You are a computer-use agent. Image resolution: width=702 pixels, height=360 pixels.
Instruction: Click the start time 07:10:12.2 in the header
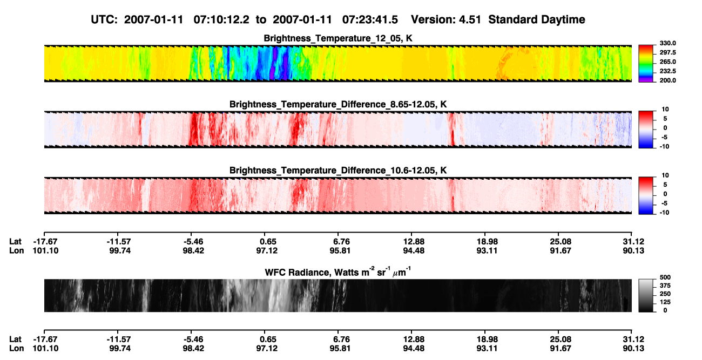pos(221,20)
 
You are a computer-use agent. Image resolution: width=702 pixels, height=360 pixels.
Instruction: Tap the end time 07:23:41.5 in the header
pos(370,20)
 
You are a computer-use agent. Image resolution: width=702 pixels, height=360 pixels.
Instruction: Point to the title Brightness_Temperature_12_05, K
pos(338,38)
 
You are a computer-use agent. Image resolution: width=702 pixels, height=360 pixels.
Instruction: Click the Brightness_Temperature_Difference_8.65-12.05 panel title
pos(338,104)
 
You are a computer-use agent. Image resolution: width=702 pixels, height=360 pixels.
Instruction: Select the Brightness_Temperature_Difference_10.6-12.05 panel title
pos(338,170)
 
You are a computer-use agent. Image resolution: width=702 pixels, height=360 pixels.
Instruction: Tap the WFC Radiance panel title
pos(338,272)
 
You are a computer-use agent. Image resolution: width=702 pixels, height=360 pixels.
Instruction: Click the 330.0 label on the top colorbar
pos(667,43)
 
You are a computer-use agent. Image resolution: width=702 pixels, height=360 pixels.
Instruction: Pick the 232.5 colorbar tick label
pos(667,71)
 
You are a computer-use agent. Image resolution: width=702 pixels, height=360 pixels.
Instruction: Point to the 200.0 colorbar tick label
pos(667,80)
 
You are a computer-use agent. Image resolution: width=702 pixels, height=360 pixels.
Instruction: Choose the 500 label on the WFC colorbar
pos(665,277)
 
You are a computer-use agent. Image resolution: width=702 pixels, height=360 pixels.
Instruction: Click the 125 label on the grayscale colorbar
pos(665,302)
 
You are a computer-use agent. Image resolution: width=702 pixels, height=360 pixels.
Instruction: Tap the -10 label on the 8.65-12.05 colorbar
pos(664,146)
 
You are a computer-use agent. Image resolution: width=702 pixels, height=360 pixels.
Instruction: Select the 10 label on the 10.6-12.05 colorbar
pos(665,175)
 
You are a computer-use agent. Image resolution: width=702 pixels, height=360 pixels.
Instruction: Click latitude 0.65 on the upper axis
pos(268,242)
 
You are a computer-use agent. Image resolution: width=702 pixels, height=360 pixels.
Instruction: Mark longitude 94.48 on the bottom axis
pos(414,349)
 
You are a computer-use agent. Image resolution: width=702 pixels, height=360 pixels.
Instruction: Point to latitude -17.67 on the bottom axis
pos(45,339)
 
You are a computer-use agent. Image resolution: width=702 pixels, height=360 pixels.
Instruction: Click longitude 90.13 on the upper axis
pos(633,250)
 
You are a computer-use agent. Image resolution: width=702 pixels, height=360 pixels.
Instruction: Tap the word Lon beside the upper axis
pos(16,250)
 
